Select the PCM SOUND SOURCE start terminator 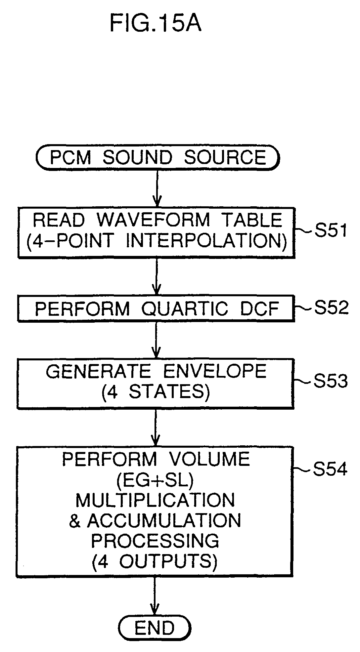coord(158,157)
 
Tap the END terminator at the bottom coord(155,628)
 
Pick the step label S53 coord(330,381)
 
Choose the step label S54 coord(330,469)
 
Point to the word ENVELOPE coord(215,371)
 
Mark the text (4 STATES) coord(156,392)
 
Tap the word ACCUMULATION coord(164,520)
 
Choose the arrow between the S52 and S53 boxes coord(156,340)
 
